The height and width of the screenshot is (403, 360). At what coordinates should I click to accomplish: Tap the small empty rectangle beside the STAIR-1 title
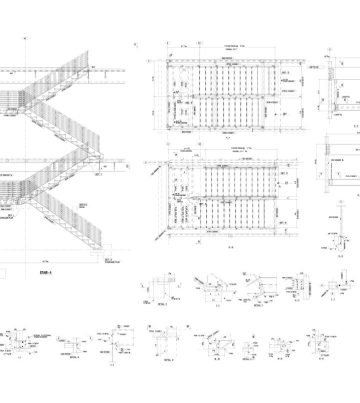click(x=5, y=271)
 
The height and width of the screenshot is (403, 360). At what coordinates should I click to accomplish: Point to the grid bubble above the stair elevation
click(x=20, y=42)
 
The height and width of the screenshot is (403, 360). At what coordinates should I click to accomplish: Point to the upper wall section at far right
click(x=335, y=95)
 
